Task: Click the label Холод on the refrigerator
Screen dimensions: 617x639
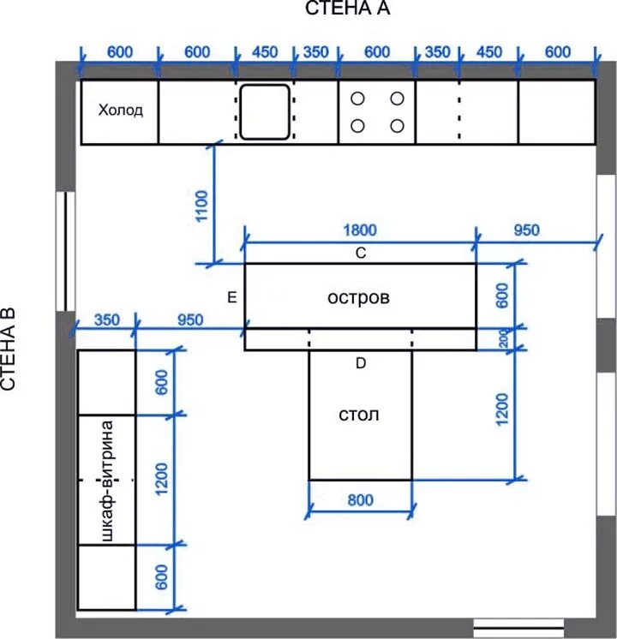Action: pos(121,110)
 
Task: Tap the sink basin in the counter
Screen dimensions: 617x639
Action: pos(265,112)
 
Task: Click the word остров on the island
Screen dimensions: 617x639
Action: pos(358,297)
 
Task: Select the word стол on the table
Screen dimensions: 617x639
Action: pos(359,415)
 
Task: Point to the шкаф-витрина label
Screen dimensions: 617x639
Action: pos(107,481)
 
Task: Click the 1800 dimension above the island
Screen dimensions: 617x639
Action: pos(360,230)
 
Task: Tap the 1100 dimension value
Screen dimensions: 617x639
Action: pos(202,206)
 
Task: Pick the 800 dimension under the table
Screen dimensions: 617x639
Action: pos(361,500)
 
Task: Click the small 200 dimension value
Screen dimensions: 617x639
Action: pos(504,338)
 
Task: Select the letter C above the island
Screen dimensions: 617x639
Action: pos(361,253)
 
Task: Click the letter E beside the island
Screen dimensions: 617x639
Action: pos(231,297)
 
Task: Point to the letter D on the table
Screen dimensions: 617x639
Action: pos(361,363)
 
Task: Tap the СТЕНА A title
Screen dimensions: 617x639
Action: pos(347,9)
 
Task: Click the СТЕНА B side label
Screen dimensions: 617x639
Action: pos(9,349)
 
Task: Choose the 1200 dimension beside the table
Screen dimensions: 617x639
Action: pos(502,409)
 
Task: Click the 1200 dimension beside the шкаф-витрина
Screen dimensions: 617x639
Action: pos(162,479)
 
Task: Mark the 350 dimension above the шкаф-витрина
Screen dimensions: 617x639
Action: pos(107,319)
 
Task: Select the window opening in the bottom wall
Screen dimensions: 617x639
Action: pos(518,628)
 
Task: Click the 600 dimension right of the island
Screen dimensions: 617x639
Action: pos(502,296)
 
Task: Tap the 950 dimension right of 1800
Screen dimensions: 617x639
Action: pos(526,230)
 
